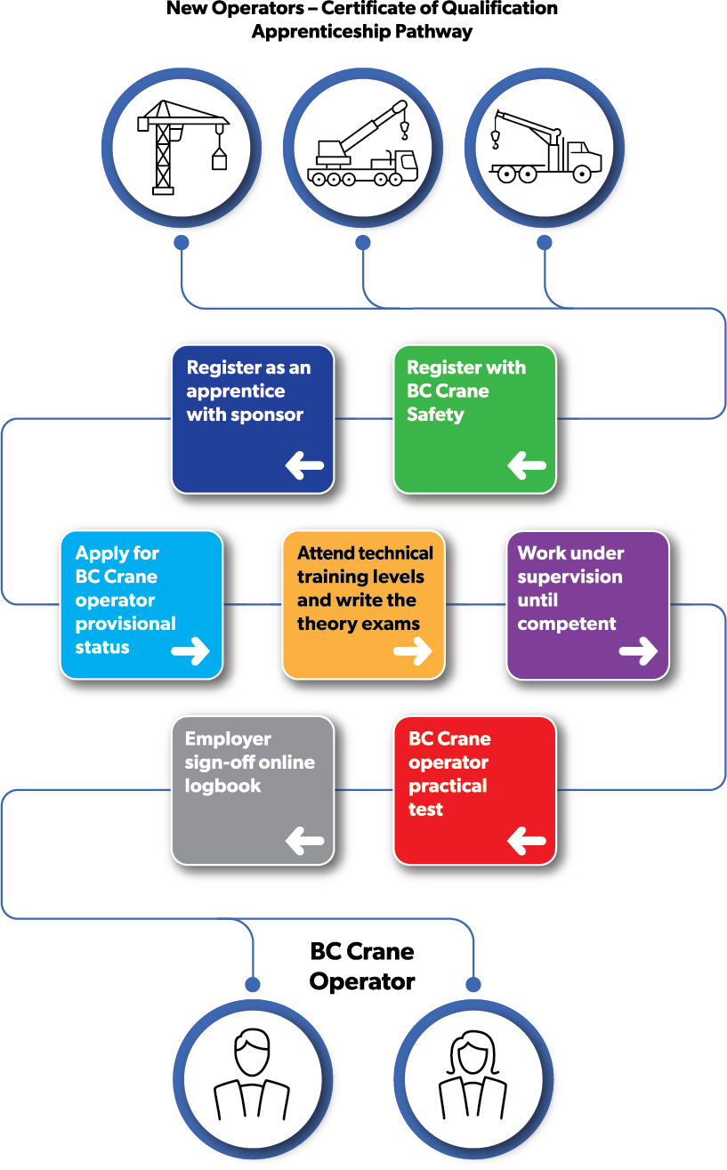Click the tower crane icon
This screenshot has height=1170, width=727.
coord(182,146)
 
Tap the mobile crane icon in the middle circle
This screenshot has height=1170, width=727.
coord(363,146)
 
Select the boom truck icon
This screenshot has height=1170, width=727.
coord(545,146)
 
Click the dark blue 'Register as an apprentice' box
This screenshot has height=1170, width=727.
coord(253,419)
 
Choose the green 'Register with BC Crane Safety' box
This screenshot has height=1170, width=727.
coord(474,419)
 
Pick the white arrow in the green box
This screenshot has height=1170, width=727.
coord(527,464)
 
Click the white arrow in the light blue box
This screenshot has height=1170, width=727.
coord(190,651)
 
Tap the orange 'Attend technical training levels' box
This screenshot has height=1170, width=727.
coord(363,605)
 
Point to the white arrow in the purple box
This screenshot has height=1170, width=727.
coord(638,651)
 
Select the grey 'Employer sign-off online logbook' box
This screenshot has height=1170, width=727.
coord(253,790)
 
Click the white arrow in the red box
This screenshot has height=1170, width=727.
coord(527,839)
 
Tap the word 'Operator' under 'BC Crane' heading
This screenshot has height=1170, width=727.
coord(362,982)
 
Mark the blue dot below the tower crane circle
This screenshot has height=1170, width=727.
coord(182,242)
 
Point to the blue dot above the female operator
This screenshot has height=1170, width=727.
coord(473,984)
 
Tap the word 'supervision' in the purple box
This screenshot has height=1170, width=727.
coord(569,577)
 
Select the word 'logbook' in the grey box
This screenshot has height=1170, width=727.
coord(222,786)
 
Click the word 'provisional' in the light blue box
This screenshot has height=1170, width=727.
coord(125,624)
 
